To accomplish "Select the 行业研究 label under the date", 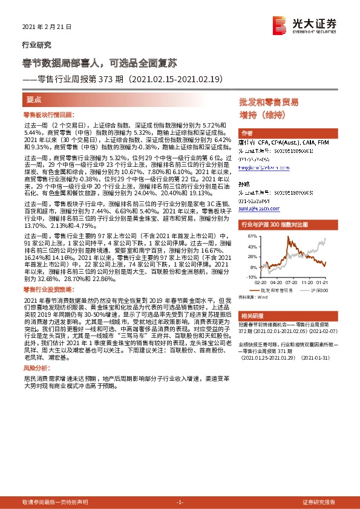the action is click(36, 45).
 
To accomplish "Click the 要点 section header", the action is click(34, 99).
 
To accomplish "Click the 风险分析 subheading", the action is click(36, 368).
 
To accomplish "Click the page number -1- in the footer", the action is click(180, 502).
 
